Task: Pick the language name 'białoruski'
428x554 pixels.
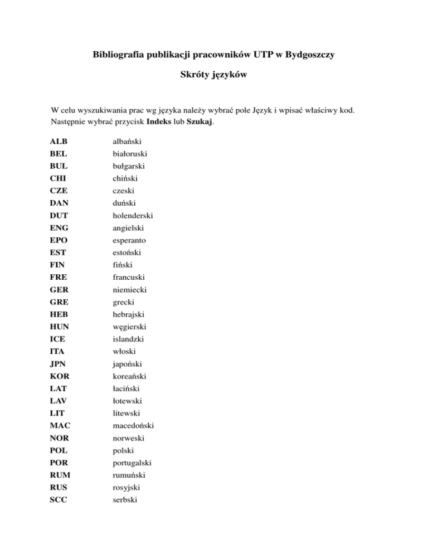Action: pyautogui.click(x=123, y=154)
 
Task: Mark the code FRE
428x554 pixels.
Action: pyautogui.click(x=59, y=277)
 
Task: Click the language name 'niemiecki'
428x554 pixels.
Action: pyautogui.click(x=123, y=289)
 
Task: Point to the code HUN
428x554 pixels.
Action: pyautogui.click(x=60, y=327)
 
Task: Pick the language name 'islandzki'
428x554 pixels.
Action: pyautogui.click(x=121, y=339)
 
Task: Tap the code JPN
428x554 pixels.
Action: pyautogui.click(x=59, y=363)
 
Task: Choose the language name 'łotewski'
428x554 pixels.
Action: pyautogui.click(x=120, y=400)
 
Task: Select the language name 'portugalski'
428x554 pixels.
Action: pyautogui.click(x=125, y=462)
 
